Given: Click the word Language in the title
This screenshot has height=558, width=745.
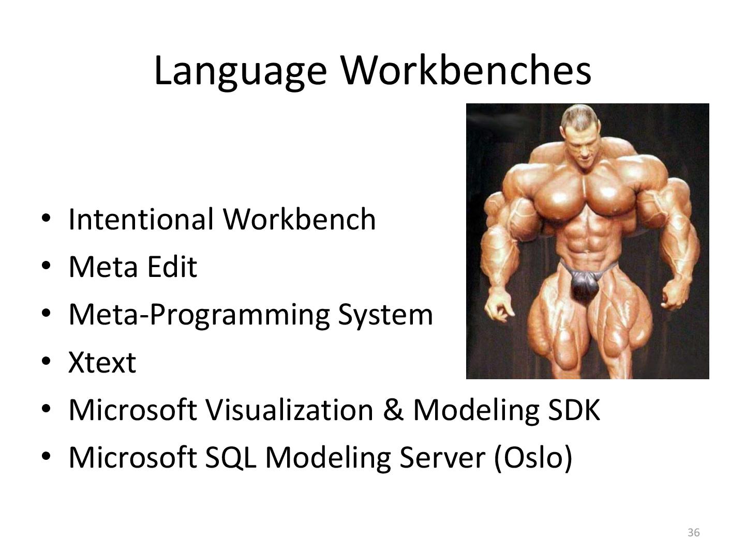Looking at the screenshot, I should tap(240, 71).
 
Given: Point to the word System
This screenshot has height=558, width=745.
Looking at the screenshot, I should tap(385, 314).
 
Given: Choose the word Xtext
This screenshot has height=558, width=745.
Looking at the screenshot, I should tap(102, 362).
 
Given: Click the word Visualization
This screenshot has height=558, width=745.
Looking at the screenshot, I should tap(289, 410).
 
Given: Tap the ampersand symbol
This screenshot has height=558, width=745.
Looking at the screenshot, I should tap(393, 410).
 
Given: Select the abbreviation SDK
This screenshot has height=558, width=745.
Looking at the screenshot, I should tap(574, 410).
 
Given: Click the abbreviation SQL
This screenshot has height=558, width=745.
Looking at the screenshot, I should tap(230, 457).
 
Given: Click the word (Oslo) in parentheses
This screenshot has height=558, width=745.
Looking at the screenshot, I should tap(533, 458).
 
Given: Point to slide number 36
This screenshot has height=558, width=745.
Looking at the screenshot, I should tap(694, 533).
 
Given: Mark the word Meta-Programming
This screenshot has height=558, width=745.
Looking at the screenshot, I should tap(199, 315).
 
